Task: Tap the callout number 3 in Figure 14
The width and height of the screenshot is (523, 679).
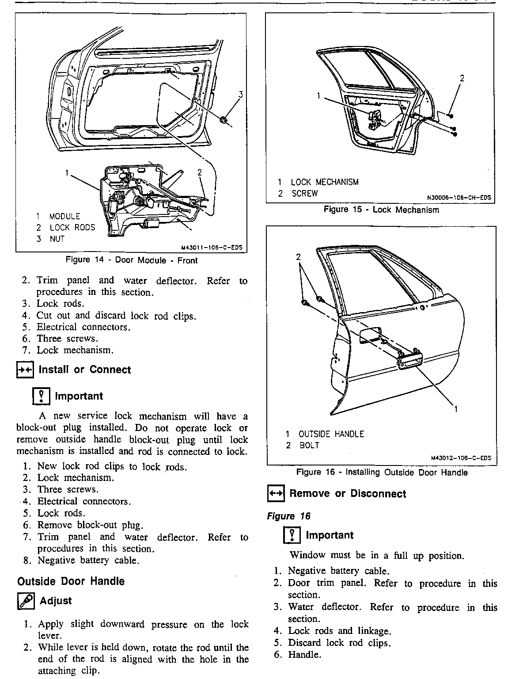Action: pyautogui.click(x=241, y=94)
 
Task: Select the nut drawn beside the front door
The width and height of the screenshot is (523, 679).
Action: pyautogui.click(x=224, y=119)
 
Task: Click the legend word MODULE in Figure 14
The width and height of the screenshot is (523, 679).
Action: pyautogui.click(x=64, y=217)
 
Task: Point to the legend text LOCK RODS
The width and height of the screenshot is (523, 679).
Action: pyautogui.click(x=72, y=228)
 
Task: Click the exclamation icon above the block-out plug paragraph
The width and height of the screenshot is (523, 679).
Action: pyautogui.click(x=41, y=396)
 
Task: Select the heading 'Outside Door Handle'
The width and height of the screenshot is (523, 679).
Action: pyautogui.click(x=71, y=581)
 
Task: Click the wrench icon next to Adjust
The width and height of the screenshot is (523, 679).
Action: pyautogui.click(x=25, y=601)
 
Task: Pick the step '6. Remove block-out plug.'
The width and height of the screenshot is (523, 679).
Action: pyautogui.click(x=90, y=525)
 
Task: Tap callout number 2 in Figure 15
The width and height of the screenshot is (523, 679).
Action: pyautogui.click(x=462, y=79)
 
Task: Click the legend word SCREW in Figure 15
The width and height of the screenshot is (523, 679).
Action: pyautogui.click(x=304, y=194)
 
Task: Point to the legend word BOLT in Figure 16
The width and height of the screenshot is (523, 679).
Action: pyautogui.click(x=309, y=446)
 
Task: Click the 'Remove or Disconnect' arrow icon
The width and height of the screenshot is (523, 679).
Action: pyautogui.click(x=276, y=494)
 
